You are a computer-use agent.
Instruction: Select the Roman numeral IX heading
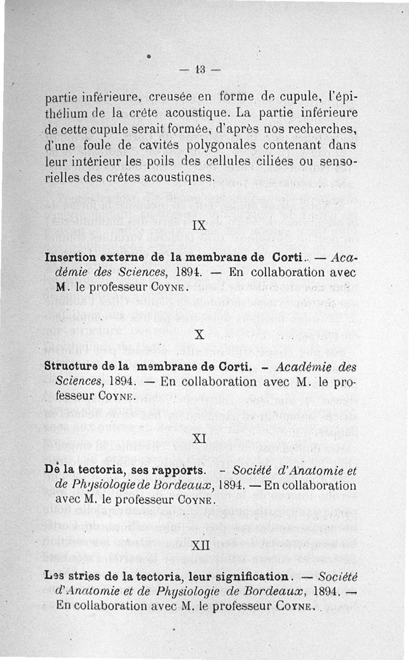tap(199, 225)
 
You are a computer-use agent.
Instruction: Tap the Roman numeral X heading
tap(200, 335)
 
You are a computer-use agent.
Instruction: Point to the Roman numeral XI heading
tap(199, 438)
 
